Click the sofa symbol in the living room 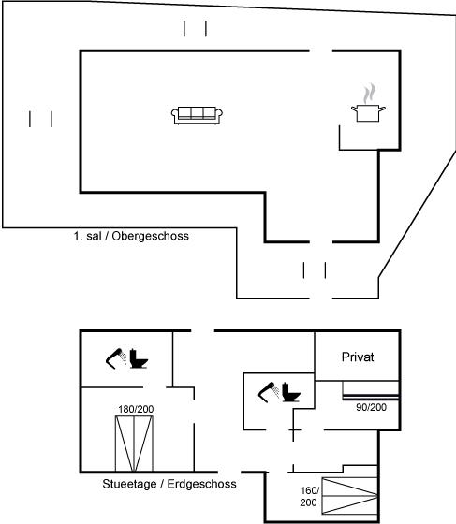tap(197, 116)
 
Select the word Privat tap(358, 357)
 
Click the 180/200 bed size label tap(136, 409)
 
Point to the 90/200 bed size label tap(371, 407)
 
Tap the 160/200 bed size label tap(309, 496)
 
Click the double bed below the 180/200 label tap(134, 444)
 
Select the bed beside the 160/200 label tap(349, 496)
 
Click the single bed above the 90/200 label tap(371, 390)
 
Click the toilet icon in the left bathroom tap(139, 358)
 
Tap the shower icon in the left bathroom tap(116, 358)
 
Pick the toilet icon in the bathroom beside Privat tap(291, 392)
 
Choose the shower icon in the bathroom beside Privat tap(269, 392)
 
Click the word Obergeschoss tap(150, 236)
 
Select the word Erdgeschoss tap(201, 484)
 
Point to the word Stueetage tap(129, 484)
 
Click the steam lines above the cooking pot tap(369, 94)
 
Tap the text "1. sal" tap(87, 236)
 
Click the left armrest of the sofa tap(175, 116)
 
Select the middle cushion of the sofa tap(197, 113)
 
